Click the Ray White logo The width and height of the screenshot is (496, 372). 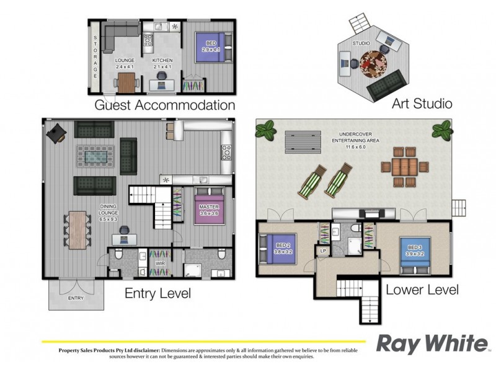click(432, 344)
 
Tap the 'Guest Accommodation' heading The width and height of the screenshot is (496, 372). click(164, 105)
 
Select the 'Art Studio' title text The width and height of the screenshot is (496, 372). click(422, 103)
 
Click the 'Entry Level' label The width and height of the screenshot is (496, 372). click(157, 293)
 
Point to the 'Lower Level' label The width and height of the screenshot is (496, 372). click(422, 290)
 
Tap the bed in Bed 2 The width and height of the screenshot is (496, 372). click(278, 252)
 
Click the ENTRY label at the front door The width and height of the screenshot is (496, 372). click(76, 299)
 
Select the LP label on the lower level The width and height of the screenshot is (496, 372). click(323, 250)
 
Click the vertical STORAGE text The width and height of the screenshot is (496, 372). click(95, 56)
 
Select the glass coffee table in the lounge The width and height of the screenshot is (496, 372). click(95, 156)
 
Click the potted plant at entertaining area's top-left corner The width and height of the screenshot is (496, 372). click(265, 131)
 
